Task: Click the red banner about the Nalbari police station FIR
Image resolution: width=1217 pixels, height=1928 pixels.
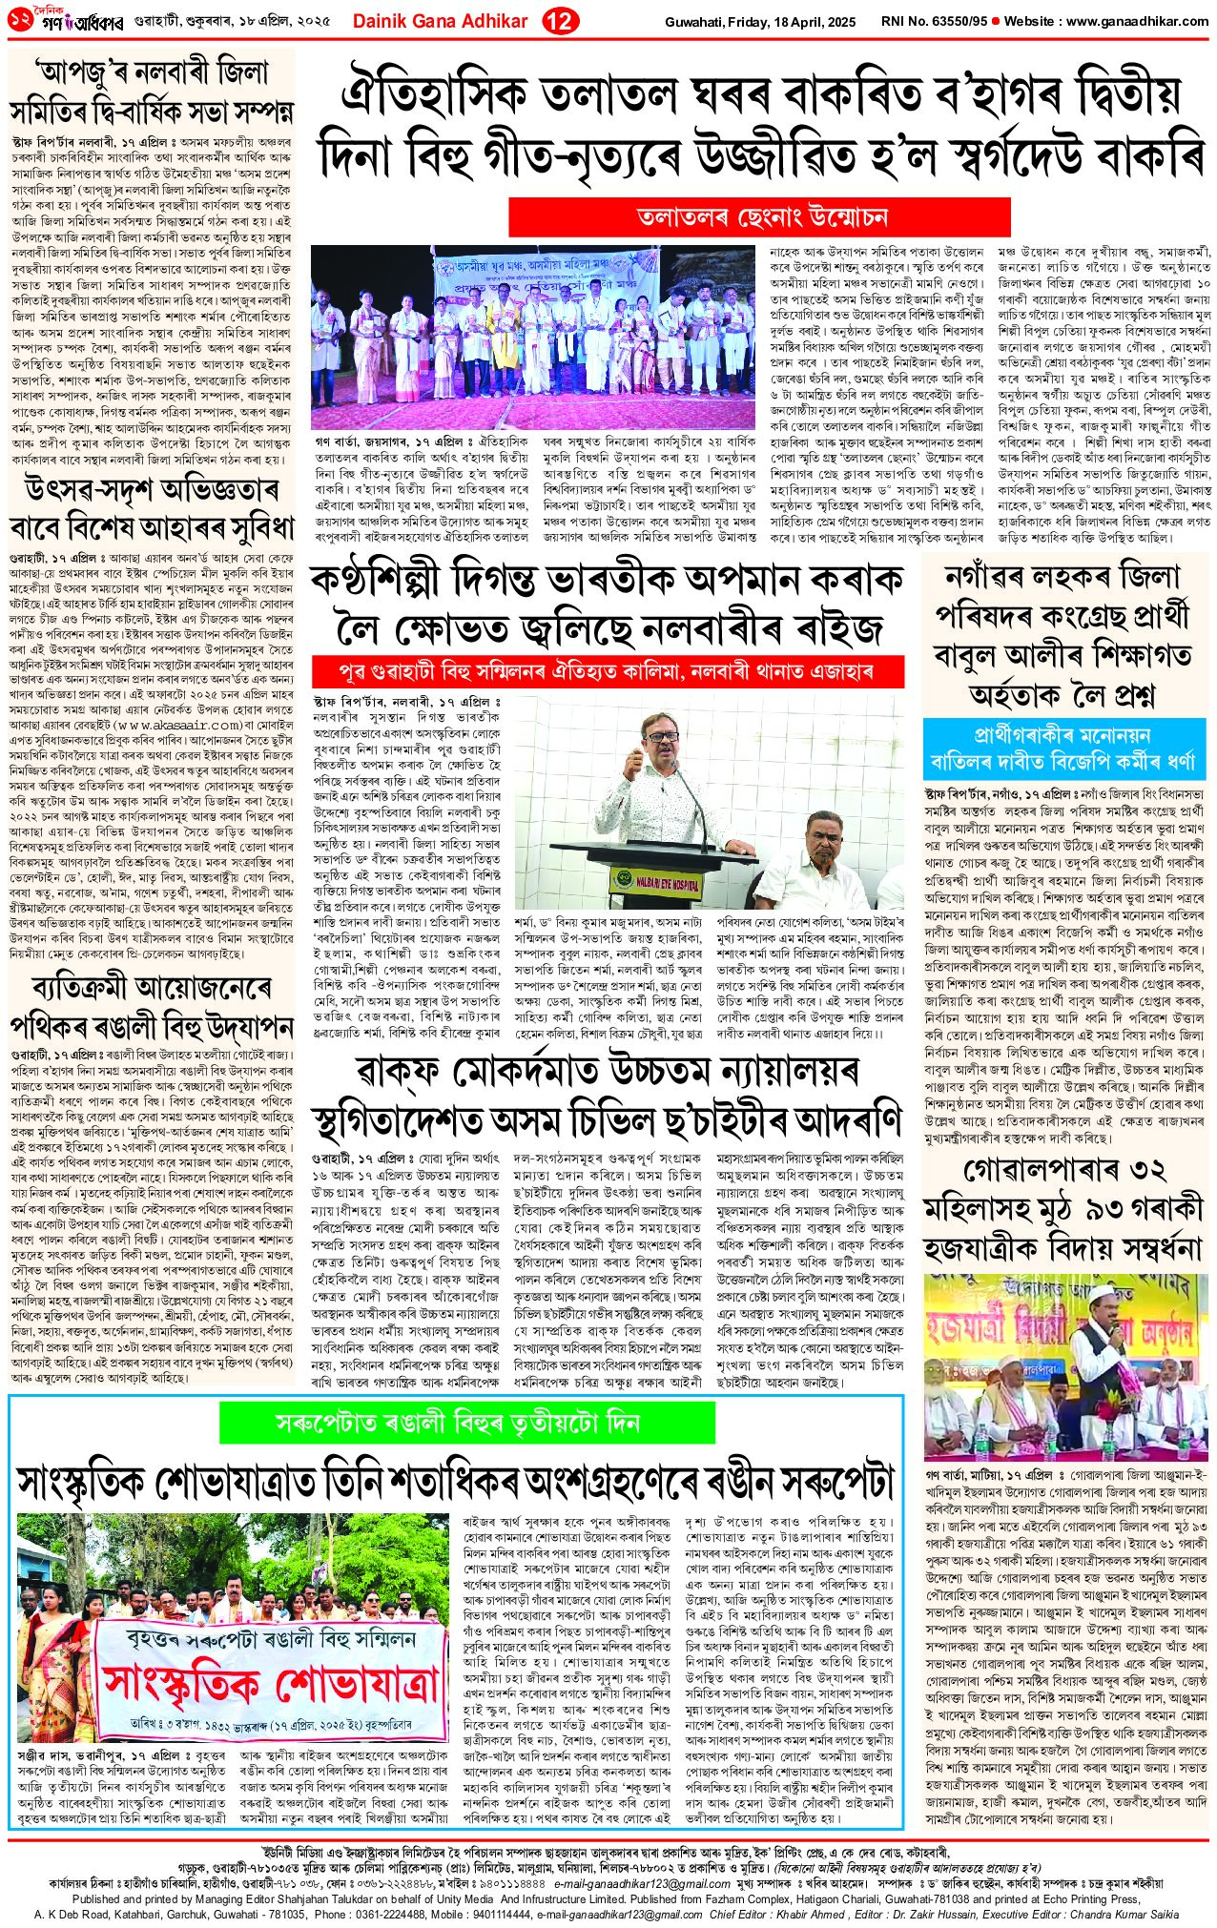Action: pyautogui.click(x=608, y=670)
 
